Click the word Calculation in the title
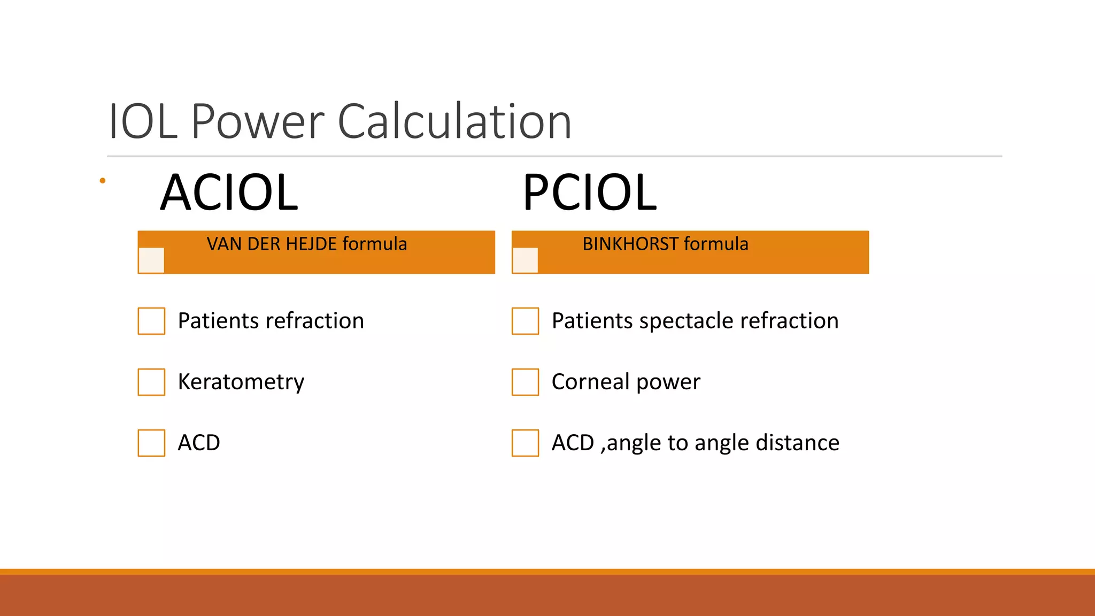(x=454, y=122)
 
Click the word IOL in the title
(x=143, y=122)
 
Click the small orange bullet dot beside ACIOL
(x=103, y=181)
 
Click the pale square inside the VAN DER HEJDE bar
(x=151, y=260)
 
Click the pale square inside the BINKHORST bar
(x=525, y=260)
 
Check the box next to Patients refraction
(x=151, y=321)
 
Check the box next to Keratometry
(x=151, y=382)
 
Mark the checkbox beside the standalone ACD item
(x=151, y=443)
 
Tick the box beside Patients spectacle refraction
(x=525, y=321)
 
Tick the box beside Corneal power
(x=525, y=382)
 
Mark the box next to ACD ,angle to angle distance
(x=525, y=443)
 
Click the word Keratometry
(x=241, y=382)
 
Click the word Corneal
(x=590, y=382)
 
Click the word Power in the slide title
(x=258, y=122)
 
